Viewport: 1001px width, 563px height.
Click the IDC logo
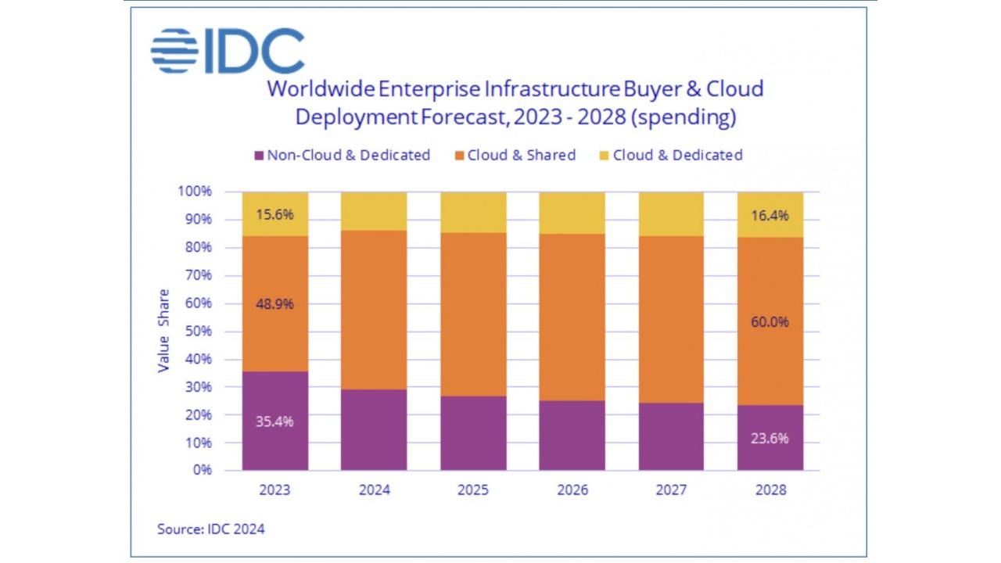click(227, 51)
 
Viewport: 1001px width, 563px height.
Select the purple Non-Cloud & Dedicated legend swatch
click(258, 156)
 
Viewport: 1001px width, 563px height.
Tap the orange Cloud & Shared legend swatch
click(458, 156)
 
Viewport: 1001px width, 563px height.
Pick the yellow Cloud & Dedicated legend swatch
click(604, 156)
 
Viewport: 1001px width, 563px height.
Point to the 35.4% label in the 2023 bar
click(275, 421)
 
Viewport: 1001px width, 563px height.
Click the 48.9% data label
click(275, 304)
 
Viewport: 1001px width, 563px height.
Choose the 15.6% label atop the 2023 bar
click(275, 213)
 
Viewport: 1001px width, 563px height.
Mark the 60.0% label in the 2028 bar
click(770, 321)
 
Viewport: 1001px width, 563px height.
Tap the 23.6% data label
click(770, 438)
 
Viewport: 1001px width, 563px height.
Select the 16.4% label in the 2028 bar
click(770, 216)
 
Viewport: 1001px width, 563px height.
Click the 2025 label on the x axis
click(473, 491)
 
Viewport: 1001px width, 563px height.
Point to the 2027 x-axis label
click(671, 491)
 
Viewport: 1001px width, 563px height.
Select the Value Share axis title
click(163, 331)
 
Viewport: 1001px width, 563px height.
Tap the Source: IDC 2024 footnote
click(211, 529)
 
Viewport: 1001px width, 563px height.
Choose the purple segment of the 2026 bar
click(572, 436)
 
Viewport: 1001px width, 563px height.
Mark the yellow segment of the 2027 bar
click(671, 213)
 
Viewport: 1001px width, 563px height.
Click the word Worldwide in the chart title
click(321, 88)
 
